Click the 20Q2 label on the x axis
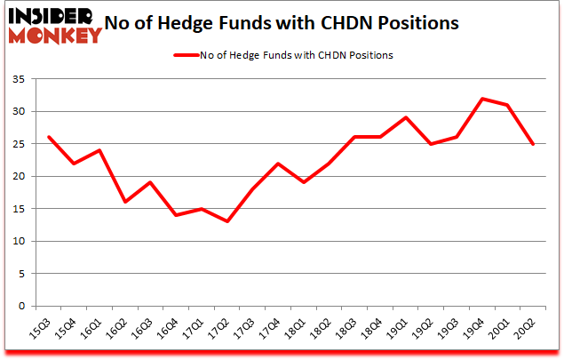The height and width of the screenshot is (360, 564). (529, 331)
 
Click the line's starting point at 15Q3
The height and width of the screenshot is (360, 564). (49, 137)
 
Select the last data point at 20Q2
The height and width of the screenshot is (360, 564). (534, 144)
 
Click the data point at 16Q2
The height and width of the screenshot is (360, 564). (125, 202)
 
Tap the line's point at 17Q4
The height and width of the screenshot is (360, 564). (278, 164)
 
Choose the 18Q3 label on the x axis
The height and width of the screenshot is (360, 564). (351, 331)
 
